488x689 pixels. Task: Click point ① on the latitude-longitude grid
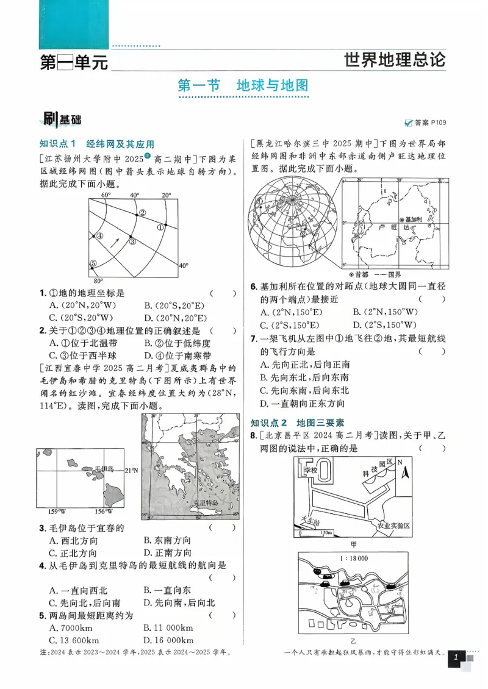click(161, 227)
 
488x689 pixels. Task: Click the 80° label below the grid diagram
click(98, 282)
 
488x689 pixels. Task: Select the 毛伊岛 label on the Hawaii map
click(104, 468)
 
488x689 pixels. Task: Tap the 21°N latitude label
click(131, 470)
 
